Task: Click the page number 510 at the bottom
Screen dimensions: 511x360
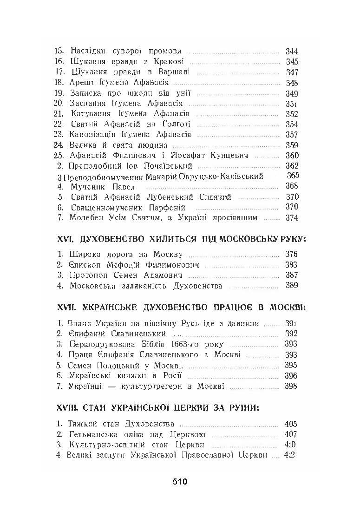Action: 179,482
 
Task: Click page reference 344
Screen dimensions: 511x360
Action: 292,51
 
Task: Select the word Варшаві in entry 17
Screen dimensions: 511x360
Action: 175,72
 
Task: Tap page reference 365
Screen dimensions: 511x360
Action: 294,176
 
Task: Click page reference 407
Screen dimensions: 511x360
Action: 290,435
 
